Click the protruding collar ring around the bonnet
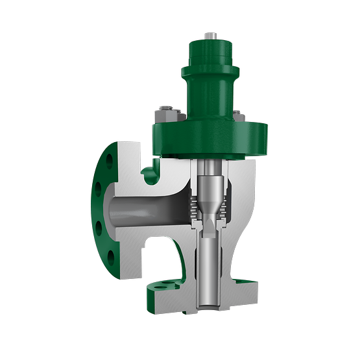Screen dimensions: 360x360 pyautogui.click(x=207, y=73)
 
